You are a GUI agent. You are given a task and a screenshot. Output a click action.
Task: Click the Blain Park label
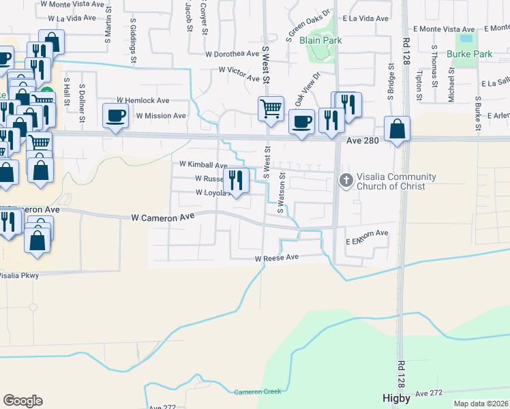320,40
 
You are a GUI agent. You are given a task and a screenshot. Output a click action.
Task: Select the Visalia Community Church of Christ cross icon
346,181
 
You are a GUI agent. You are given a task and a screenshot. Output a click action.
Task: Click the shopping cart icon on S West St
271,108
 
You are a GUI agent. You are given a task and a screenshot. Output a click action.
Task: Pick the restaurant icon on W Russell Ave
236,179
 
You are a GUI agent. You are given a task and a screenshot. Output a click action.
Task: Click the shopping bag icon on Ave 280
397,129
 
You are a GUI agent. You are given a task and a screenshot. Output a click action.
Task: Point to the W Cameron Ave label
163,217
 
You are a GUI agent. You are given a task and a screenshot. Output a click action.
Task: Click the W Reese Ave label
277,258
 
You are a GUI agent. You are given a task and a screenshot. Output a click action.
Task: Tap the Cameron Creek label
258,392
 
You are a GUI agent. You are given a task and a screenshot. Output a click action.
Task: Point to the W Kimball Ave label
203,165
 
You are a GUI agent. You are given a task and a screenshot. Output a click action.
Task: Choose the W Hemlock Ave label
142,100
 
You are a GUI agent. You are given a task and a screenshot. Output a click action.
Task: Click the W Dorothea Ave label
232,53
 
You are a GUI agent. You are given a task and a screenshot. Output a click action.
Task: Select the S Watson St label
280,198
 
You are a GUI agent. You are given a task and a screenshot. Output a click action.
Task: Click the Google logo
22,401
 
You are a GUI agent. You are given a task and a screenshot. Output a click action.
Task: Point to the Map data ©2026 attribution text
481,404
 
